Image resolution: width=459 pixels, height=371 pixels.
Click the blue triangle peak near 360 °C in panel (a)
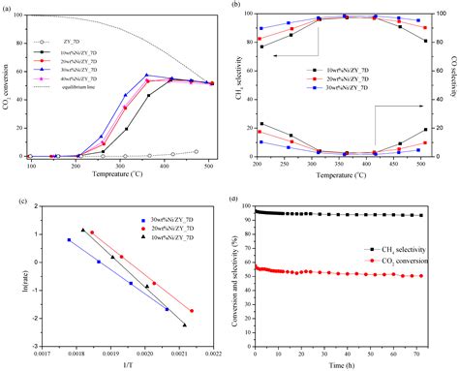pos(147,76)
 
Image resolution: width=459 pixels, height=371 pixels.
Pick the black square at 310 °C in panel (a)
pos(126,129)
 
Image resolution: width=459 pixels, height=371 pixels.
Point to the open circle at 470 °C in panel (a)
pos(197,151)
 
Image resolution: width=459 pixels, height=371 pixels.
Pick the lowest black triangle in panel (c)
pos(184,325)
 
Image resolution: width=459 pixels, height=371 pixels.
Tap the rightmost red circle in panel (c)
pos(192,311)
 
